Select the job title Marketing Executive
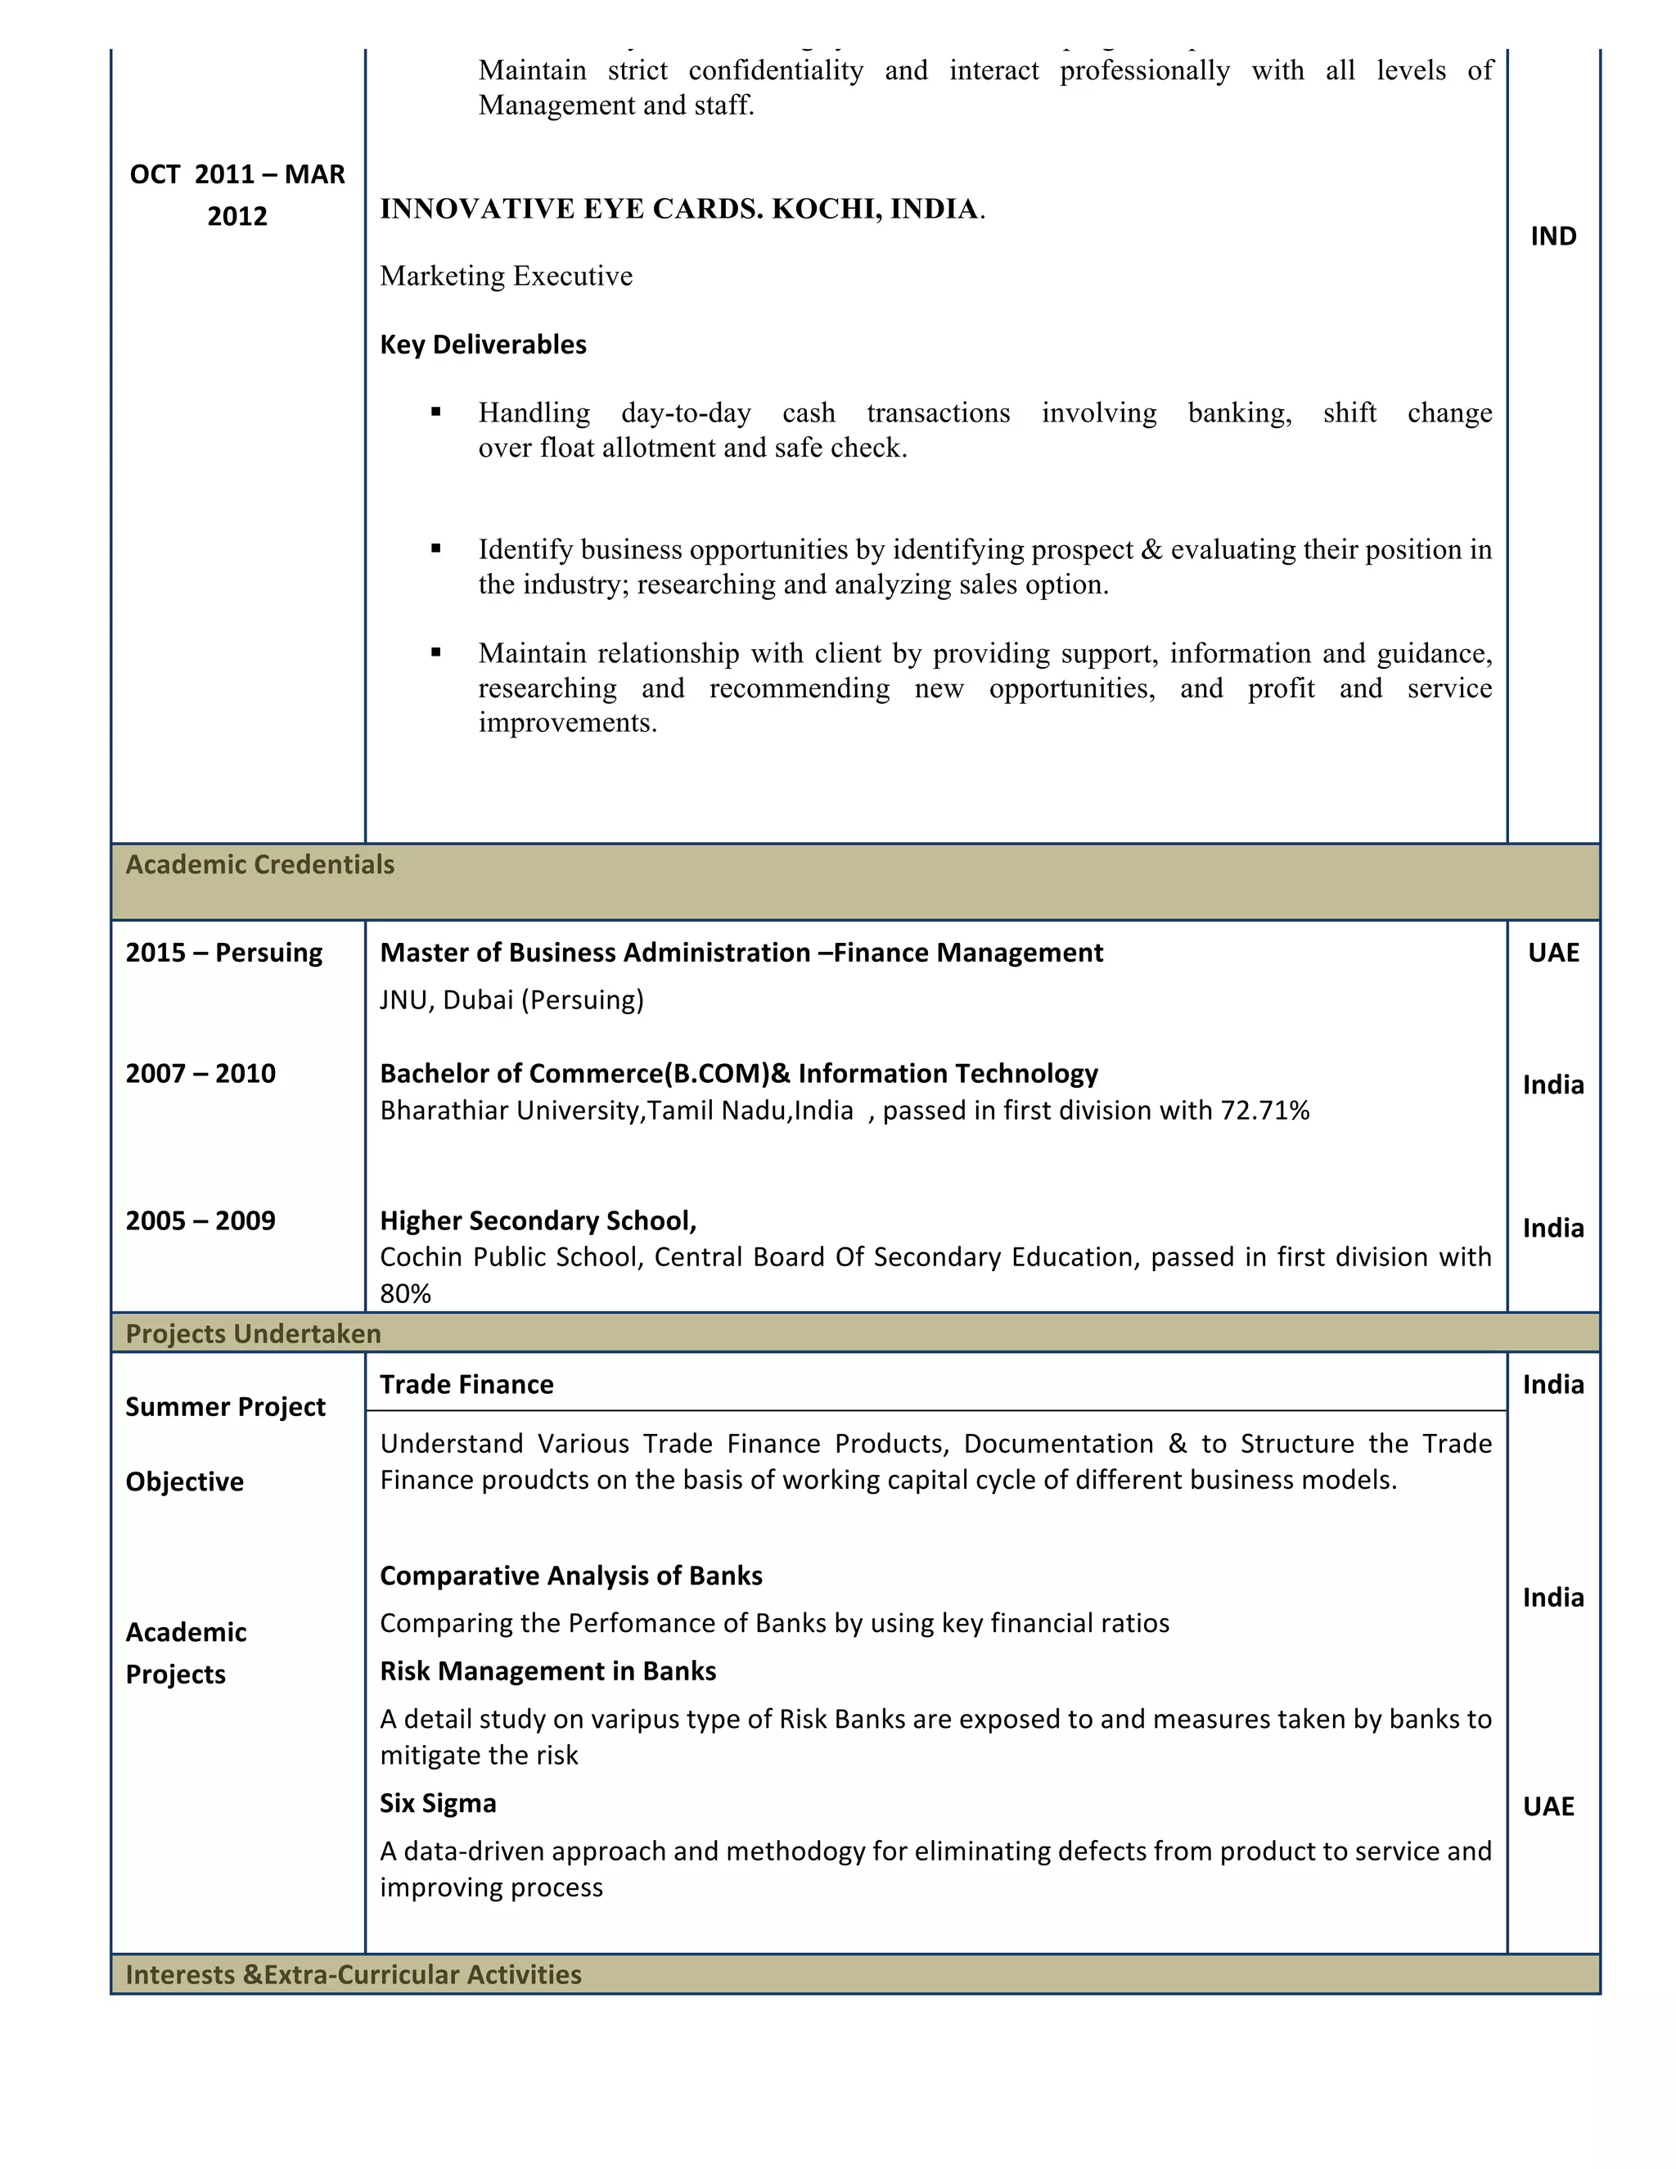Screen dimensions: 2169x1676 pos(506,276)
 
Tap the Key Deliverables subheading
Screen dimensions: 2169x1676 pos(483,345)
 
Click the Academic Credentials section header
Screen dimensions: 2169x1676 pos(259,865)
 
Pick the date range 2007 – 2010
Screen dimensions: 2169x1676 pos(200,1074)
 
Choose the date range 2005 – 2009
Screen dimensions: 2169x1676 pos(200,1220)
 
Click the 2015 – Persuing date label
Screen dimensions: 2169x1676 pos(223,954)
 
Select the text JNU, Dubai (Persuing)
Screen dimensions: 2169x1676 pos(511,1000)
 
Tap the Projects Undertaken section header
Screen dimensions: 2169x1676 pos(253,1334)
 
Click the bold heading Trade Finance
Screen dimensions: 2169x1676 pos(466,1384)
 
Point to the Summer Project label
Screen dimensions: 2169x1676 pos(225,1407)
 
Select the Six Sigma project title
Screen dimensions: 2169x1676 pos(438,1803)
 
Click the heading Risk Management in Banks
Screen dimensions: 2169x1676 pos(547,1671)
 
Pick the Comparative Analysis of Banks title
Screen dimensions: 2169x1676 pos(571,1576)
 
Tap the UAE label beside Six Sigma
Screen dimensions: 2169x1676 pos(1548,1806)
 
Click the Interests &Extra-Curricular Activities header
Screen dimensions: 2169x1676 pos(354,1974)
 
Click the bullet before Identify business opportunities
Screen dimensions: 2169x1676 pos(436,549)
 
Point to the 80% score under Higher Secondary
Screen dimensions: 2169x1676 pos(405,1294)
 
